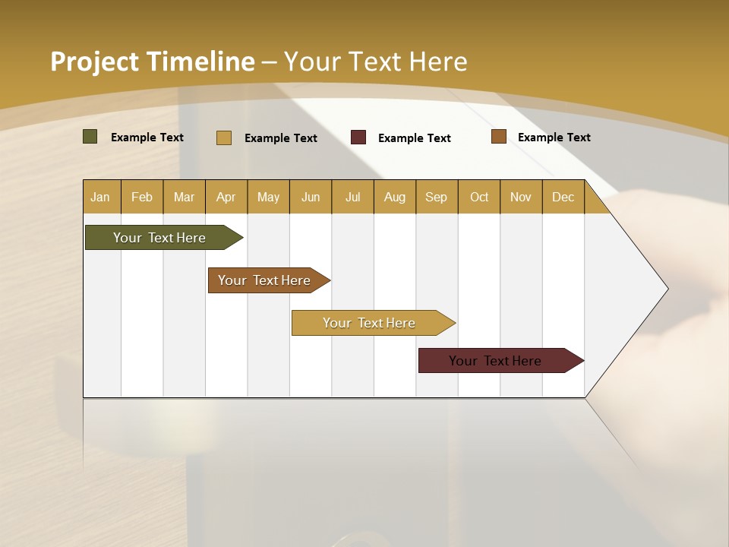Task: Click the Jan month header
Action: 100,197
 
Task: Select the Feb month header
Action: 142,197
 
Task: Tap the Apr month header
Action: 226,197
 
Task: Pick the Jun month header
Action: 311,197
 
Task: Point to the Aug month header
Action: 394,197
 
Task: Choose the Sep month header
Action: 436,197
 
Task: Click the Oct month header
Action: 479,197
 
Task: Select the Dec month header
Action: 563,197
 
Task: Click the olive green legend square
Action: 90,137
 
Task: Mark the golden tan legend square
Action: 224,138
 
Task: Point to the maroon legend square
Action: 358,138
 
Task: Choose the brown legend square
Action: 499,137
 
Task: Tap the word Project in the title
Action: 94,62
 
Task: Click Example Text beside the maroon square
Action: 414,138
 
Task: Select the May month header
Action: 268,197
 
